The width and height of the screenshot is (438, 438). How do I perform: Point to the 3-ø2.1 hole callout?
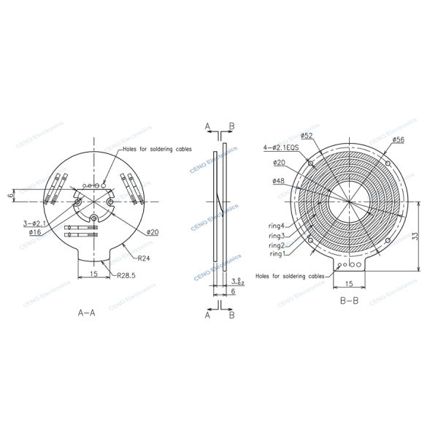(35, 223)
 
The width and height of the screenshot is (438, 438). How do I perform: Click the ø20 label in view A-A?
(153, 231)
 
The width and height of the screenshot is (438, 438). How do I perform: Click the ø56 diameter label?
(399, 139)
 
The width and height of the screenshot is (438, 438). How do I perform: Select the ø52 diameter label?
(307, 136)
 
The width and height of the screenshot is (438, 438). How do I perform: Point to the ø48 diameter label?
(278, 180)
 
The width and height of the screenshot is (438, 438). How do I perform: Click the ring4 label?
(277, 226)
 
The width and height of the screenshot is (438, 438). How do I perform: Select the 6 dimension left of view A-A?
(12, 196)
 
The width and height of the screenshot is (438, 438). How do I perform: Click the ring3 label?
(277, 236)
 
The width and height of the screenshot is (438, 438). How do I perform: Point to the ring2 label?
(277, 245)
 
